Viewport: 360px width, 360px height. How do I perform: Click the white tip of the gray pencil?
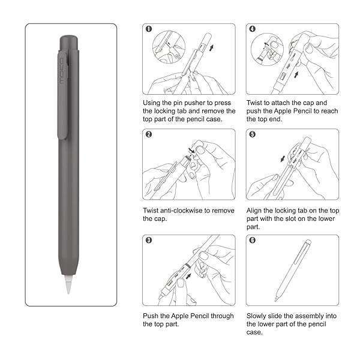[68, 284]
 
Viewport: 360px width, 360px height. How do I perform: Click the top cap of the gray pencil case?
[69, 43]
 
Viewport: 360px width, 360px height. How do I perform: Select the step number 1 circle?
[149, 29]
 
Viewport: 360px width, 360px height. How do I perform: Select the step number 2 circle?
[149, 134]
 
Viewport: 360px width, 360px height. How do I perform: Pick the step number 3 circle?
[149, 240]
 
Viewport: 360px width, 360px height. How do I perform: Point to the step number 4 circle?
[252, 29]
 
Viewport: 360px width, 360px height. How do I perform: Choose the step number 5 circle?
[252, 134]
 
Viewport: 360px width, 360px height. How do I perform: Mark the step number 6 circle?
[252, 240]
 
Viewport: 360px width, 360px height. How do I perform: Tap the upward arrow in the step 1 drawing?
[211, 48]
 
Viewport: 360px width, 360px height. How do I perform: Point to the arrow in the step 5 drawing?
[283, 158]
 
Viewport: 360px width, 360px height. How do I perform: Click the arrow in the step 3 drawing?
[188, 276]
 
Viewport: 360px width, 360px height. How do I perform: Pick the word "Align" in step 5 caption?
[254, 211]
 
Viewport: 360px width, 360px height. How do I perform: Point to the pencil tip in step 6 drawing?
[276, 299]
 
